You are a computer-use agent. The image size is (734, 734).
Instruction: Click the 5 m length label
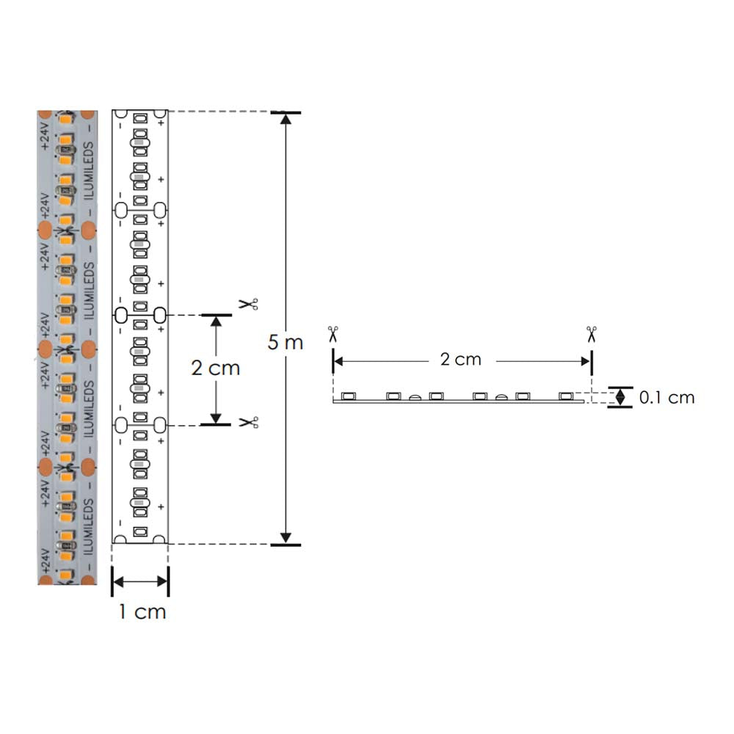(x=285, y=342)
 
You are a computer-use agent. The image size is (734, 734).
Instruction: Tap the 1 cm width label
(x=142, y=611)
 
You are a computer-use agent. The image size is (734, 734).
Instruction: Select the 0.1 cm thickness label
(x=666, y=398)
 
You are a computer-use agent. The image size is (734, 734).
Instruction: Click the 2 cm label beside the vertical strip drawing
(x=215, y=367)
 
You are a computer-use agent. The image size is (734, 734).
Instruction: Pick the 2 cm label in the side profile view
(x=461, y=359)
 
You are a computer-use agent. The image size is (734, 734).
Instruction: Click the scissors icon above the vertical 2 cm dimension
(x=248, y=303)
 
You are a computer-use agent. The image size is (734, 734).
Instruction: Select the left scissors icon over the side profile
(x=333, y=334)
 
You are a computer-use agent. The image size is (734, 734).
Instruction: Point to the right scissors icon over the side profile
(x=592, y=334)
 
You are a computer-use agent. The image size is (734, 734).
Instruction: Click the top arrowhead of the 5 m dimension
(x=286, y=122)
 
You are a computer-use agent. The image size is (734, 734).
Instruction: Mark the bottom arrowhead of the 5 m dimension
(x=286, y=536)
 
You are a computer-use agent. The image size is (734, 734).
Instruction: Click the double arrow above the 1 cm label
(x=141, y=581)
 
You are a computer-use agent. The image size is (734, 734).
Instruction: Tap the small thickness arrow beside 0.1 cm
(x=621, y=397)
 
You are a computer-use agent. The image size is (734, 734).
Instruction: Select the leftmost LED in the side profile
(x=349, y=396)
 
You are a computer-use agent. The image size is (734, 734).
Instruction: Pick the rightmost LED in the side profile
(x=566, y=396)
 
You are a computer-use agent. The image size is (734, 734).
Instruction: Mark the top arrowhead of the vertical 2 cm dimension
(x=215, y=324)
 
